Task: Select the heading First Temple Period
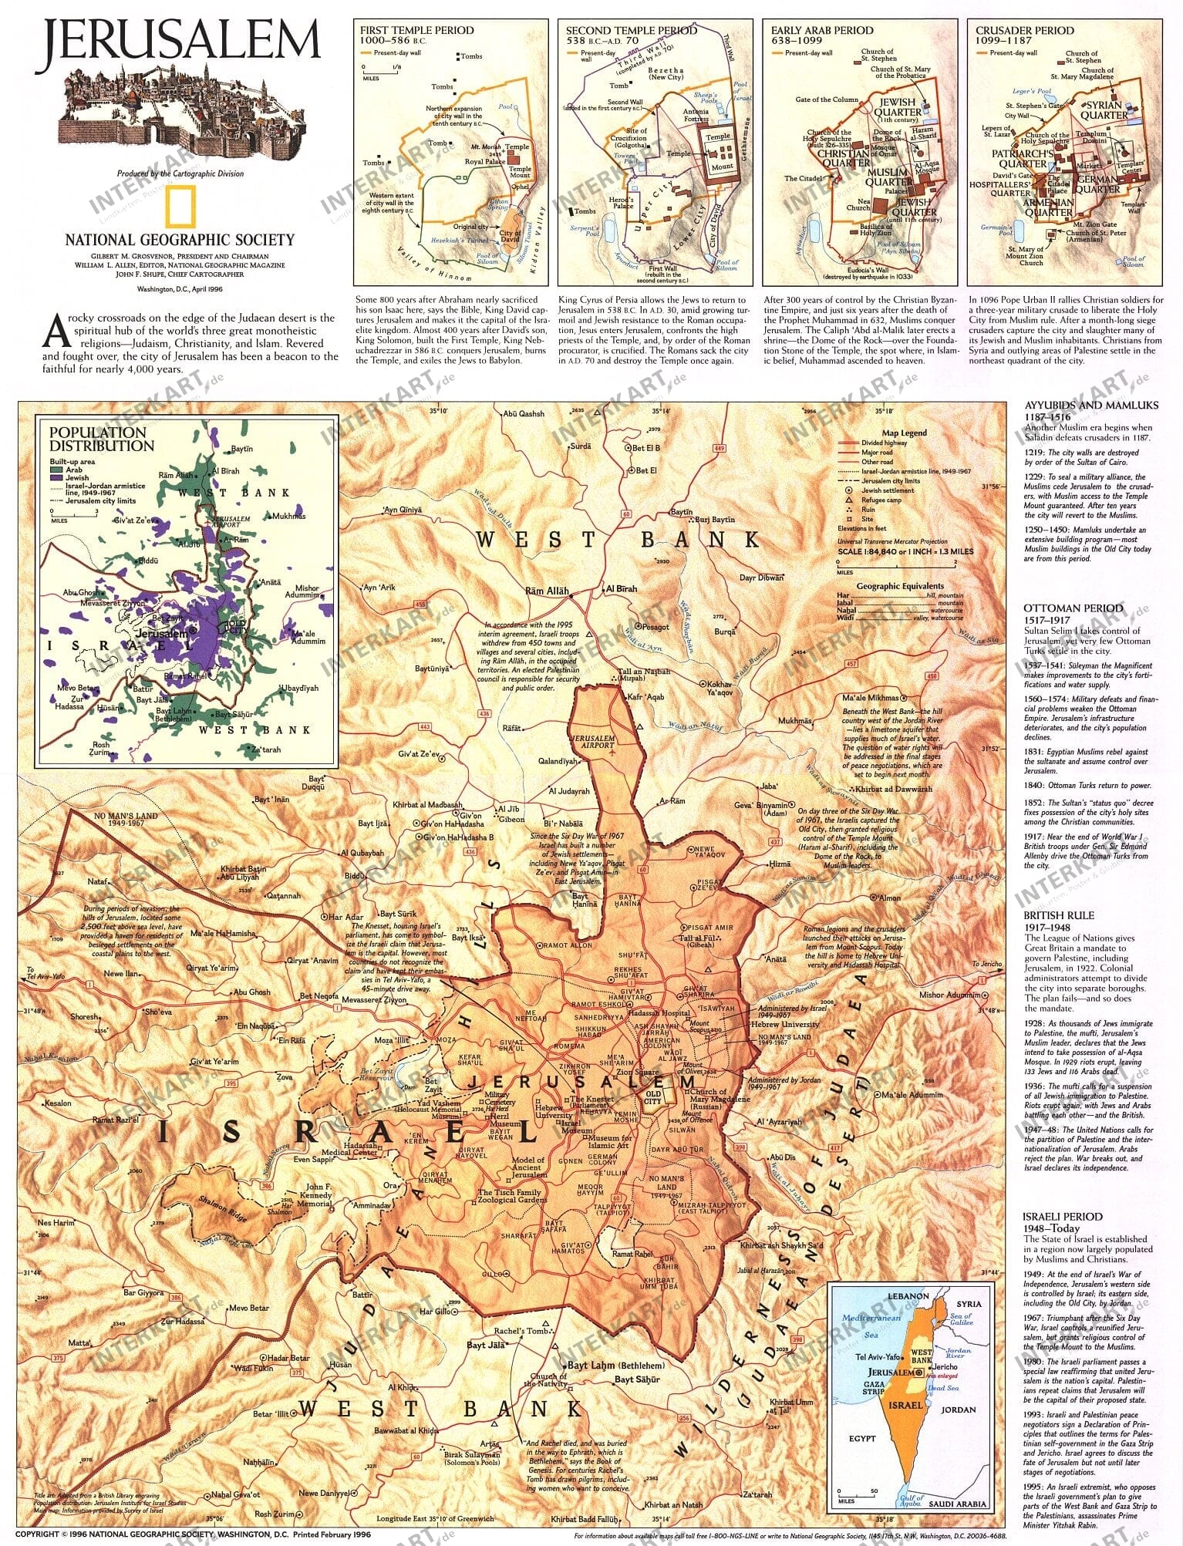416,31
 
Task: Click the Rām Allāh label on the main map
546,591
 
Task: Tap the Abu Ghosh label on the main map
252,992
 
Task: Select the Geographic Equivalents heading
900,586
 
